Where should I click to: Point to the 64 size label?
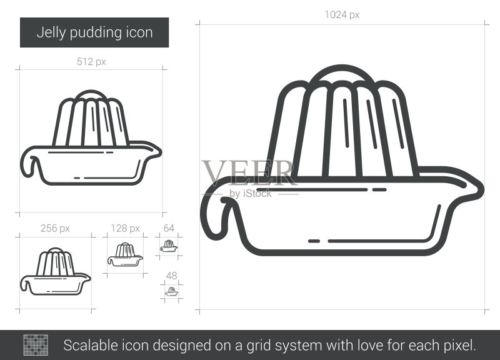[169, 228]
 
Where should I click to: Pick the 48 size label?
[171, 276]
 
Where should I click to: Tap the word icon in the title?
[139, 33]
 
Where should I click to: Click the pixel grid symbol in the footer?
[36, 345]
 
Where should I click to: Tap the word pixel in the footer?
[459, 346]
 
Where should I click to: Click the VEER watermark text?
[249, 173]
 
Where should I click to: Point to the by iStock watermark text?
[251, 193]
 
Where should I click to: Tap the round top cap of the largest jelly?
[341, 74]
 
